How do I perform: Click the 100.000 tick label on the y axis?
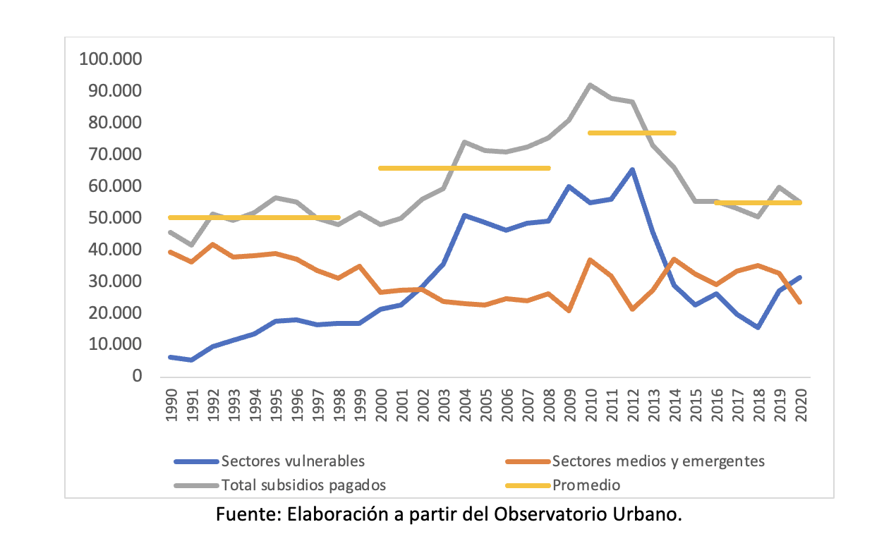pos(111,59)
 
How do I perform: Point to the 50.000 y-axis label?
pos(115,218)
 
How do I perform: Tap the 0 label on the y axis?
pos(138,377)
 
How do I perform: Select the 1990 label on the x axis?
pos(171,404)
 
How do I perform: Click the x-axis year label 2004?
pos(466,404)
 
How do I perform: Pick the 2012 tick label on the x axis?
pos(634,404)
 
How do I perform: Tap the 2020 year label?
pos(801,404)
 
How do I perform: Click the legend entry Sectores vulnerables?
pos(293,461)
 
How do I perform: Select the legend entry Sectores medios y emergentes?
pos(658,461)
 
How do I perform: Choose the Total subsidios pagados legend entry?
pos(303,485)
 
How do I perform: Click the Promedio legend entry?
pos(586,485)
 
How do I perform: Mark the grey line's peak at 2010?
pos(590,85)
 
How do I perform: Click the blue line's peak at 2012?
pos(632,169)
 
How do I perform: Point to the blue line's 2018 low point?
pos(758,327)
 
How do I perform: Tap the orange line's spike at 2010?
pos(590,260)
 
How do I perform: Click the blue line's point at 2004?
pos(464,215)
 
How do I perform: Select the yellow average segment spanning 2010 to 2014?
pos(631,133)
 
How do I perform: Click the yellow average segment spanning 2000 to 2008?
pos(464,168)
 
